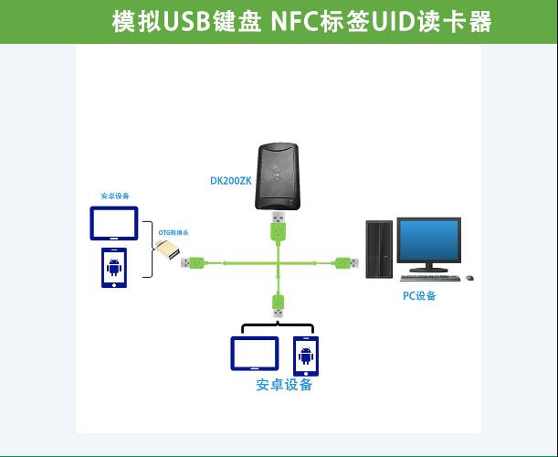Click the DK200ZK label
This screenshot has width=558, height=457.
click(x=230, y=181)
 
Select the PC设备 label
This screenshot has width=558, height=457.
click(x=419, y=295)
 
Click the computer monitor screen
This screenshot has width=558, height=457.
click(x=429, y=240)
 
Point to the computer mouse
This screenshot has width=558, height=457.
click(x=470, y=277)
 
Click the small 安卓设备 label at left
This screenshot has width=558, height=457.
click(x=115, y=196)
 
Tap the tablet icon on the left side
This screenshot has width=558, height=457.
click(x=114, y=223)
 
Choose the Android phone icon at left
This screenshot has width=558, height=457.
click(x=114, y=267)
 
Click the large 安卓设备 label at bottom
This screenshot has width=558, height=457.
click(x=284, y=385)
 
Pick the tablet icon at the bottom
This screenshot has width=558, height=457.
click(x=255, y=353)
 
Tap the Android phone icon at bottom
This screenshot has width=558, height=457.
click(x=305, y=355)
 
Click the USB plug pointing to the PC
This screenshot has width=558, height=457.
click(x=347, y=263)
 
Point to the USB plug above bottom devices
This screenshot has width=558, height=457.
click(x=278, y=305)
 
